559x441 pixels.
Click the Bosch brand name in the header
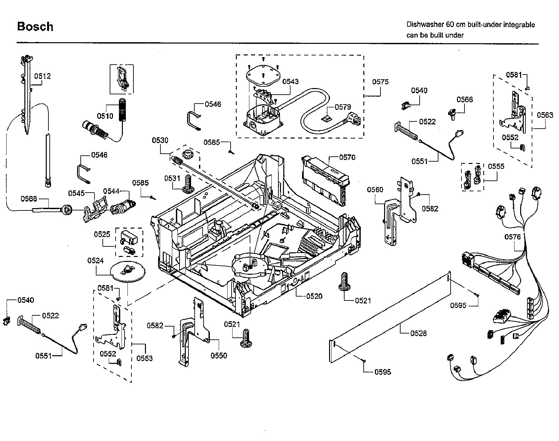(x=35, y=26)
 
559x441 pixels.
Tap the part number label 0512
(x=42, y=76)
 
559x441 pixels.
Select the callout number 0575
(x=380, y=81)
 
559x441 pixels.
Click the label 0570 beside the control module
(x=347, y=157)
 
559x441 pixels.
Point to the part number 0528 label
(x=418, y=333)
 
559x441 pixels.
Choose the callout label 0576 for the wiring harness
(x=513, y=237)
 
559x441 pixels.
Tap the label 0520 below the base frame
(x=314, y=296)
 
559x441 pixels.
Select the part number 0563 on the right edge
(x=545, y=115)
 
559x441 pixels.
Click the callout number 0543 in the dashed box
(x=290, y=81)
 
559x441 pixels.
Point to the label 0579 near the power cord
(x=343, y=107)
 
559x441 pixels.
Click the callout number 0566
(x=464, y=99)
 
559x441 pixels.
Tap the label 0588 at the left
(x=29, y=199)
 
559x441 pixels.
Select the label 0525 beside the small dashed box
(x=102, y=234)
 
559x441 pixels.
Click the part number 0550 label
(x=219, y=356)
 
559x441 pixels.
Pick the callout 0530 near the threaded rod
(x=160, y=140)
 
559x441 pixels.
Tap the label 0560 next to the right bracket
(x=375, y=189)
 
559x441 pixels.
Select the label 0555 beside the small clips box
(x=496, y=166)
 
